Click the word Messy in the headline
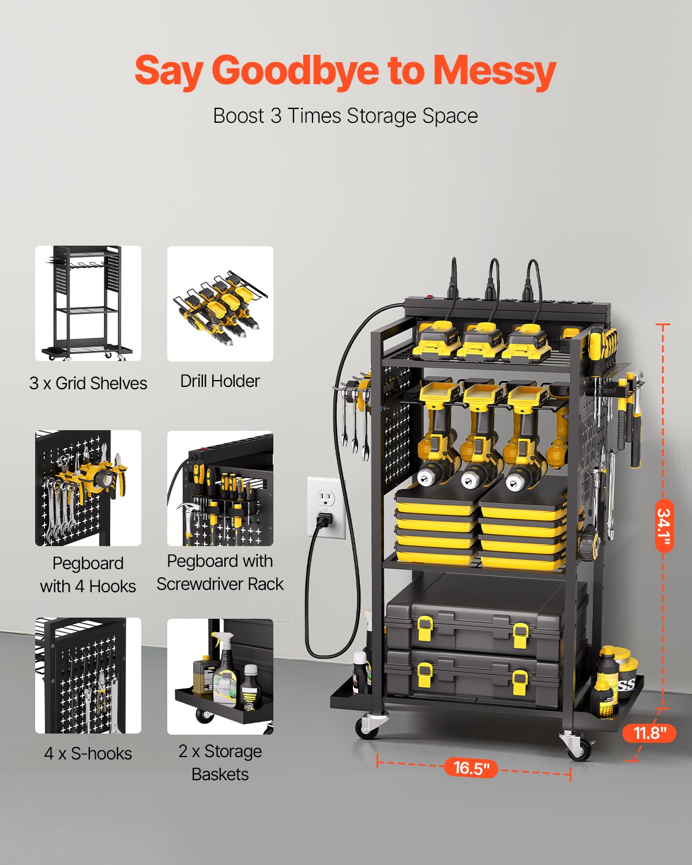(x=494, y=71)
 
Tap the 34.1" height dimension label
(x=664, y=525)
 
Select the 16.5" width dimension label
(x=471, y=768)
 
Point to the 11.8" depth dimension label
(x=649, y=733)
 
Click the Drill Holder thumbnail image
(x=220, y=304)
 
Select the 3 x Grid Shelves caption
(x=88, y=383)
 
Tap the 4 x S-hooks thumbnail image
(x=88, y=676)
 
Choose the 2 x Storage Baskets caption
(x=220, y=762)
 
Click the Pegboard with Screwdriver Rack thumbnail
(x=220, y=489)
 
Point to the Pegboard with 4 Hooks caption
(x=88, y=574)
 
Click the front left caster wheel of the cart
(x=367, y=728)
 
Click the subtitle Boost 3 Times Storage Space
(x=345, y=116)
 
